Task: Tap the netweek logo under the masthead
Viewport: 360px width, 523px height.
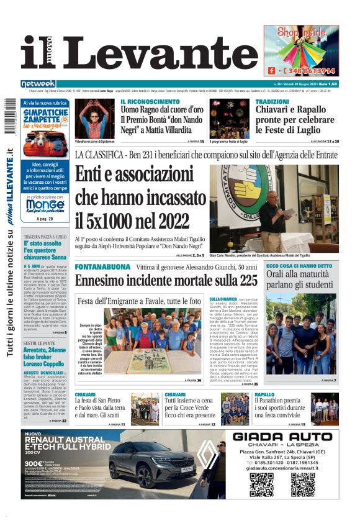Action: pyautogui.click(x=38, y=84)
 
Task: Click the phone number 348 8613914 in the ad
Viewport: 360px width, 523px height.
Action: pyautogui.click(x=307, y=71)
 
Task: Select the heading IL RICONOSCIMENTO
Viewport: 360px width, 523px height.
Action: pyautogui.click(x=150, y=102)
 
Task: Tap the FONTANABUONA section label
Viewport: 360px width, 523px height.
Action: pyautogui.click(x=102, y=266)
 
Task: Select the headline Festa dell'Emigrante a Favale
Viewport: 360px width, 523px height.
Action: pyautogui.click(x=140, y=301)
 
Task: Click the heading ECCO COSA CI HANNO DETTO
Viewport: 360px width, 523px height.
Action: pyautogui.click(x=299, y=266)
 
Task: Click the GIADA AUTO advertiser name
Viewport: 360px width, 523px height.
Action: pyautogui.click(x=286, y=437)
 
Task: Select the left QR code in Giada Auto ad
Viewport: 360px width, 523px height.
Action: pyautogui.click(x=261, y=484)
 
